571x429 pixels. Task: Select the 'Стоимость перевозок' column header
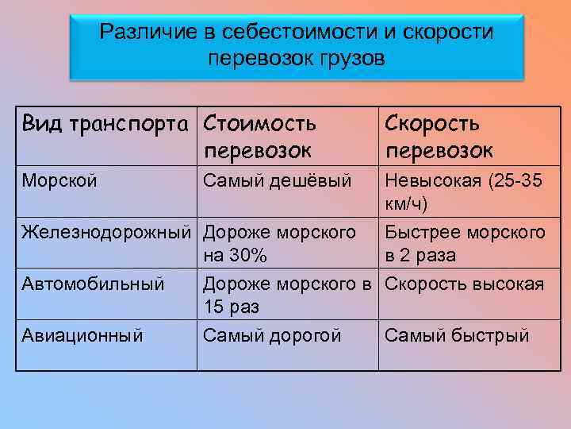pyautogui.click(x=260, y=137)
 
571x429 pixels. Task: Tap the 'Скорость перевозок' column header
pyautogui.click(x=439, y=137)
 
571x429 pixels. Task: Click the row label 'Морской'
pyautogui.click(x=59, y=181)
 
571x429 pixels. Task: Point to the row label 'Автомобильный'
pyautogui.click(x=94, y=284)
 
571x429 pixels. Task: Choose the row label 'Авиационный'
pyautogui.click(x=82, y=335)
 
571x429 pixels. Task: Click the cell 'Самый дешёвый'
pyautogui.click(x=277, y=181)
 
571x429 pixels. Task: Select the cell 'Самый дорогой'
pyautogui.click(x=272, y=335)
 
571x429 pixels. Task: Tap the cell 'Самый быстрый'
pyautogui.click(x=457, y=335)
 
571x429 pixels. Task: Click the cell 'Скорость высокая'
pyautogui.click(x=464, y=284)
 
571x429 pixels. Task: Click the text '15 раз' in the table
pyautogui.click(x=231, y=307)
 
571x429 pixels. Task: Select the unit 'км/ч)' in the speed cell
pyautogui.click(x=406, y=205)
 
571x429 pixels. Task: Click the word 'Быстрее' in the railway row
pyautogui.click(x=419, y=233)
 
